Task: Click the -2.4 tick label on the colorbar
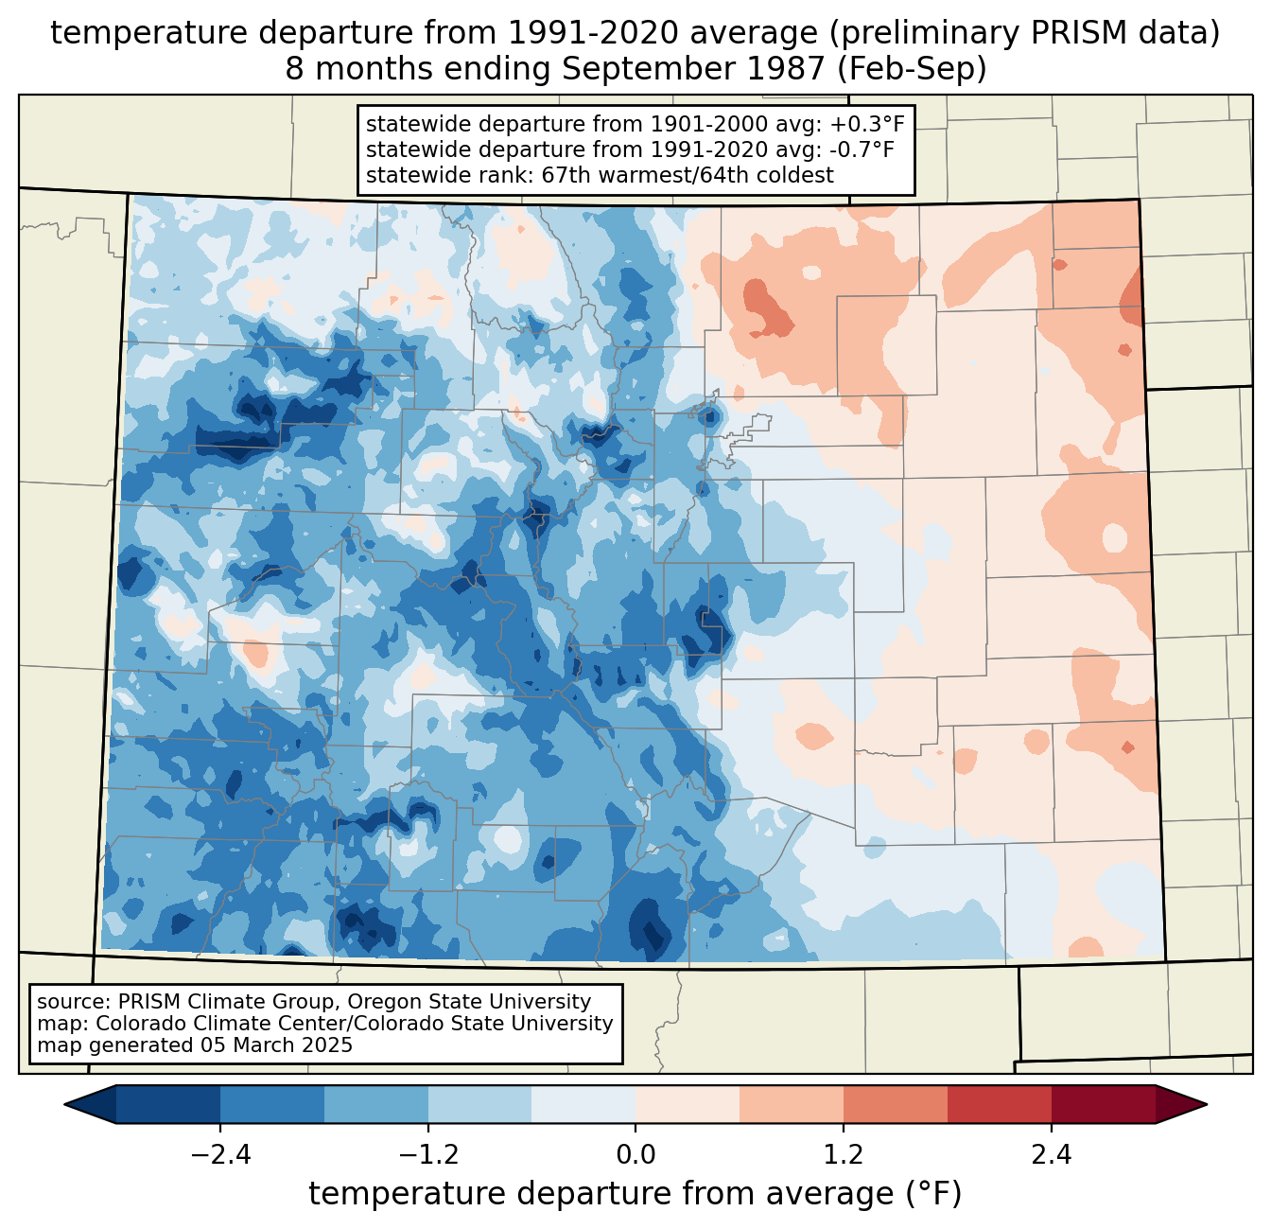(x=220, y=1155)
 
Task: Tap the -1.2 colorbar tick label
(x=427, y=1155)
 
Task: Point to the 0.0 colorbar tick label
(x=635, y=1155)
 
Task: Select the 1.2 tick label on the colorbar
(x=843, y=1155)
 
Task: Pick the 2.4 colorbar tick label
(x=1051, y=1155)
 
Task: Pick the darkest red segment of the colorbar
(x=1103, y=1104)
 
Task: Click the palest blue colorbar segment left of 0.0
(x=583, y=1104)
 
